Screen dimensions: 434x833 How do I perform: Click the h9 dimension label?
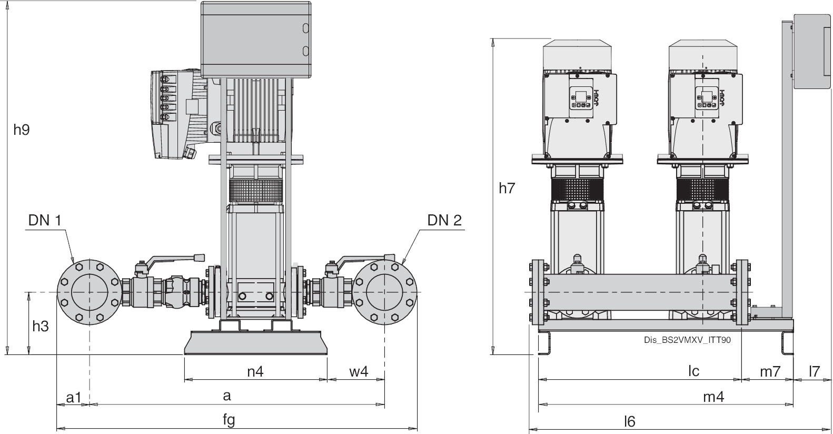point(22,130)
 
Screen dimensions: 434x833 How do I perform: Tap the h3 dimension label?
point(41,327)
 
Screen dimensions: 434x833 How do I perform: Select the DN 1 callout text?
point(45,220)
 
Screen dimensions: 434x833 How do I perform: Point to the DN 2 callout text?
point(444,220)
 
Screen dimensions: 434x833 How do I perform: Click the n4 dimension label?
point(255,371)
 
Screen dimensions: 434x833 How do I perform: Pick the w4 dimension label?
point(359,371)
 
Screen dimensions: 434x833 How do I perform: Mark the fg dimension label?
point(229,420)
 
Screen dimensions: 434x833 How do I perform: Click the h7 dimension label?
point(507,188)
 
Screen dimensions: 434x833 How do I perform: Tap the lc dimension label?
point(694,371)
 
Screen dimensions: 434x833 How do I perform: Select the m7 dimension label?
point(769,371)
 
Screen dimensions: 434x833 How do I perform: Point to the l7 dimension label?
point(814,371)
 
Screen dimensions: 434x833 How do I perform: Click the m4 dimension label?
point(713,397)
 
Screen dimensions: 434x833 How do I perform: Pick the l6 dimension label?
point(630,421)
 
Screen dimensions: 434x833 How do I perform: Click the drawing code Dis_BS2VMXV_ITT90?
point(687,340)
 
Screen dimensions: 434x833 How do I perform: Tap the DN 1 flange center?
point(90,292)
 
